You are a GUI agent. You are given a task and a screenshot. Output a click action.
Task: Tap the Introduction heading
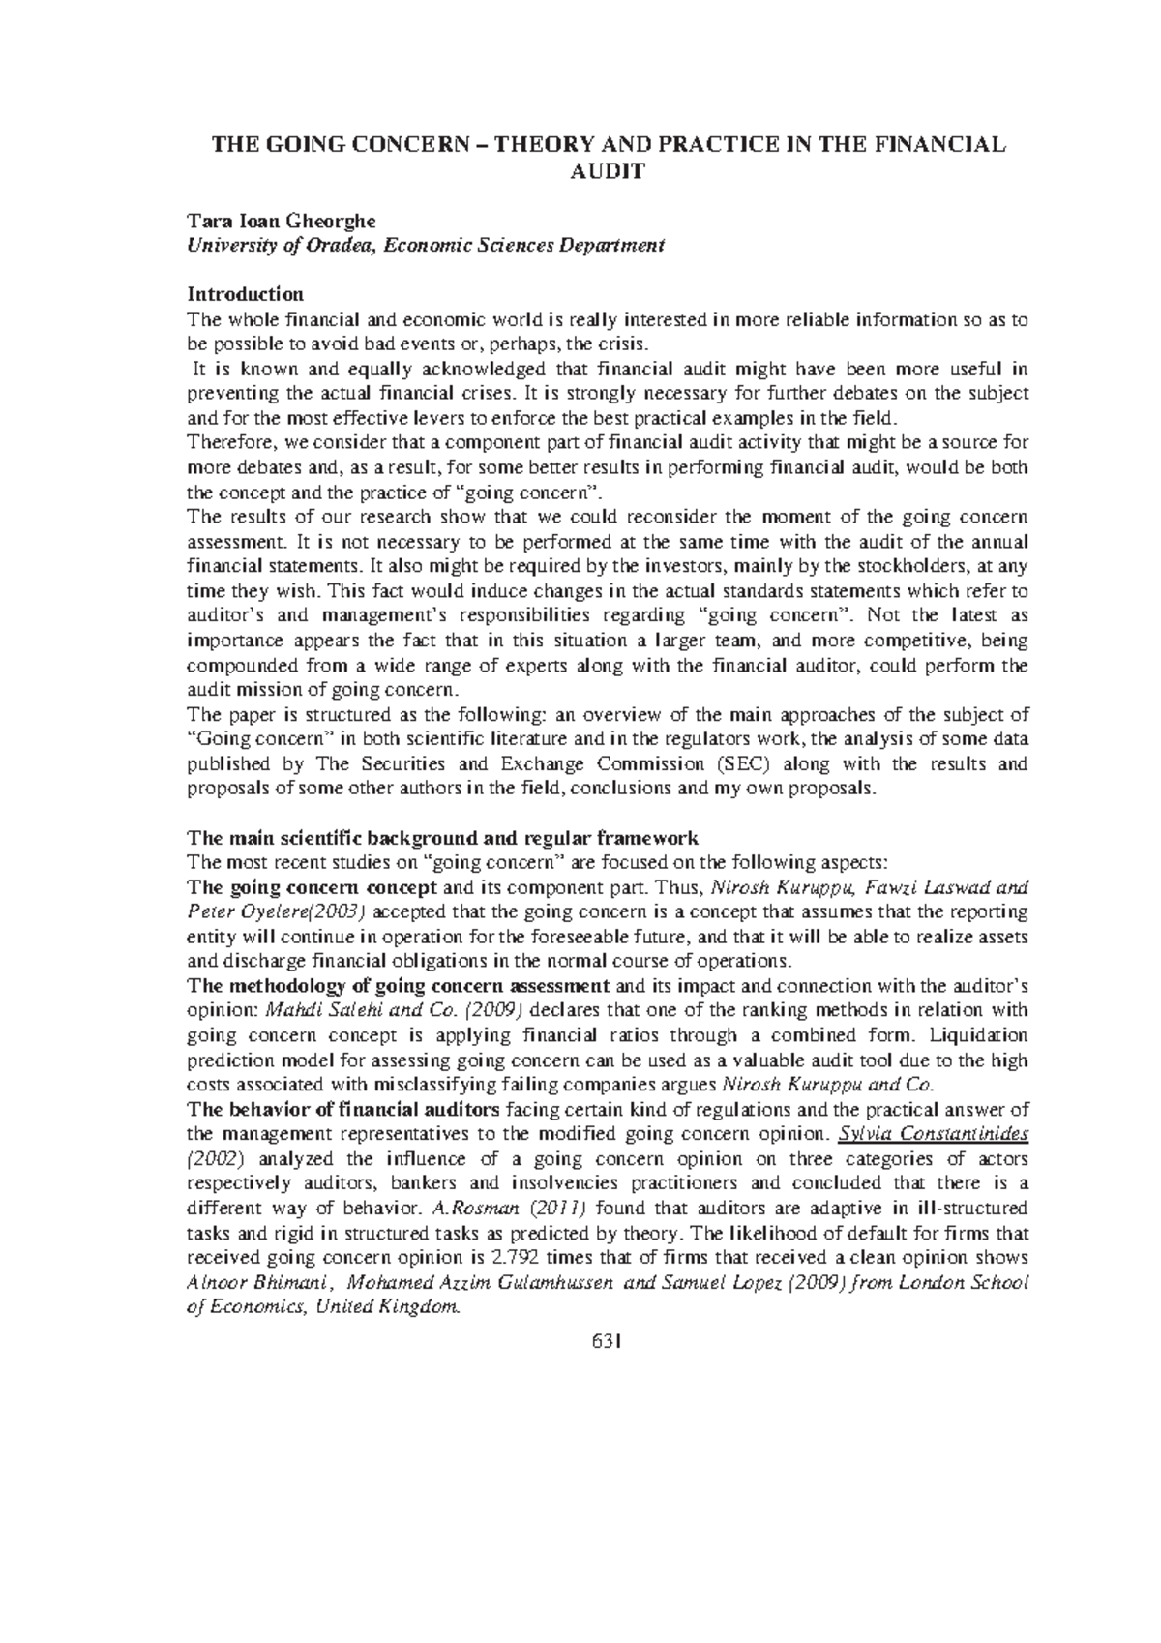245,293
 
